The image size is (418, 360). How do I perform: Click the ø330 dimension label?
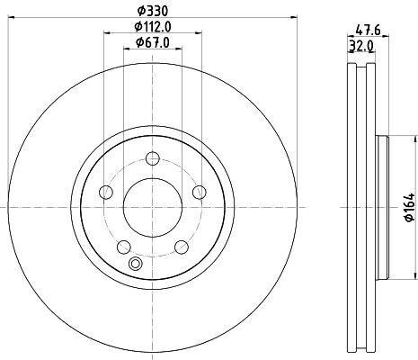(x=153, y=12)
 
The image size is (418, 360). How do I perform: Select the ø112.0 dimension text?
(x=153, y=27)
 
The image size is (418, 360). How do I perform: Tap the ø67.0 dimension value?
(x=153, y=42)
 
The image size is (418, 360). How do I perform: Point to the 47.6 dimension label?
(x=368, y=31)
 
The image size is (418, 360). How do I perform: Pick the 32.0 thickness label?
(x=360, y=46)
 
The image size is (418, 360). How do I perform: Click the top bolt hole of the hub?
(x=153, y=158)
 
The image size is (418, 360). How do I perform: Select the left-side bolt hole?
(x=106, y=192)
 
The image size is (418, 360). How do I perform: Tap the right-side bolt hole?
(x=200, y=192)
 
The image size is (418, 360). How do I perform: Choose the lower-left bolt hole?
(x=124, y=247)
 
